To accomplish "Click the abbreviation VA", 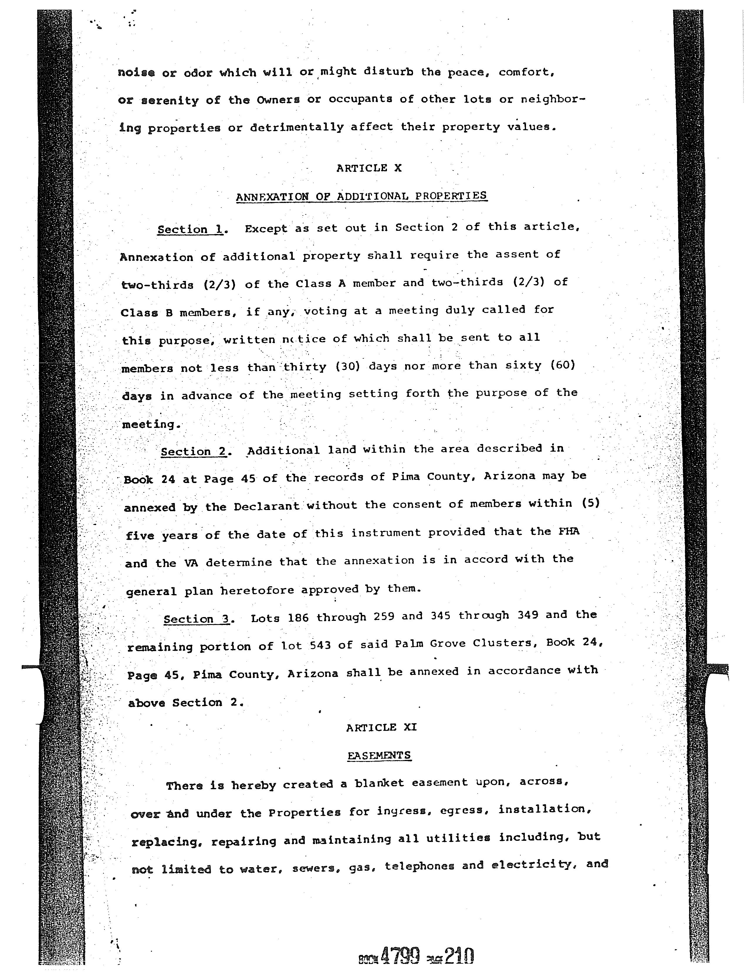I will tap(190, 563).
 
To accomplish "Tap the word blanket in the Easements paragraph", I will tap(379, 783).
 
